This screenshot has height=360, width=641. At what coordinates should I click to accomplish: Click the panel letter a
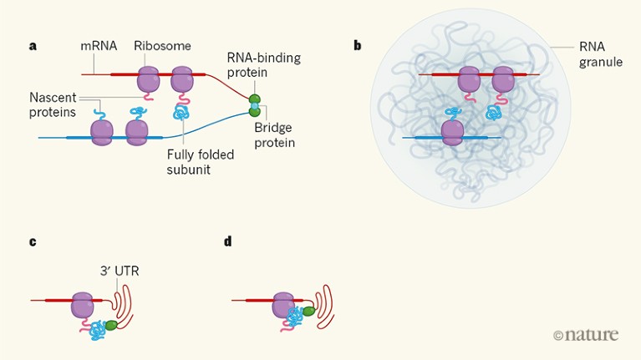(x=33, y=46)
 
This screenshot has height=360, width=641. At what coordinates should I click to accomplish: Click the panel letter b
(x=358, y=46)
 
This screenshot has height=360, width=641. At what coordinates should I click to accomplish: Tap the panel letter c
(x=33, y=242)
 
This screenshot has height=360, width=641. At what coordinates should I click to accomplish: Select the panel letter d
(x=228, y=242)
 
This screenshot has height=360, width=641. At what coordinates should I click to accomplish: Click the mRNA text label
(x=98, y=46)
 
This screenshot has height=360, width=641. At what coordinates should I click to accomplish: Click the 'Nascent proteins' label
(x=53, y=105)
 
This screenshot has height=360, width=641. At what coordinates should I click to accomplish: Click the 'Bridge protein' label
(x=275, y=134)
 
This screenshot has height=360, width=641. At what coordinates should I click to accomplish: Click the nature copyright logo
(x=586, y=335)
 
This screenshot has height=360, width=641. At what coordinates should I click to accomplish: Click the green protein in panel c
(x=112, y=326)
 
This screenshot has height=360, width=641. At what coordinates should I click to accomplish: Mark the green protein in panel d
(x=308, y=312)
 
